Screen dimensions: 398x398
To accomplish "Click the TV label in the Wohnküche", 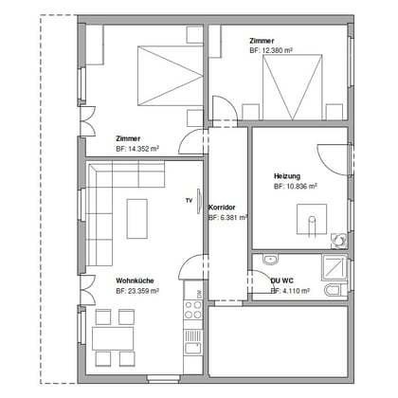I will pyautogui.click(x=190, y=201).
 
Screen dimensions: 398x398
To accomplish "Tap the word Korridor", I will pyautogui.click(x=221, y=207).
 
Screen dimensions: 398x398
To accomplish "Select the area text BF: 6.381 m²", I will pyautogui.click(x=227, y=217).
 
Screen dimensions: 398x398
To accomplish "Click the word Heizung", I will pyautogui.click(x=287, y=177).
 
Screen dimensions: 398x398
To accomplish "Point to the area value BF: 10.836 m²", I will pyautogui.click(x=296, y=188).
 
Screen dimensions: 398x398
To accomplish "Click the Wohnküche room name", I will pyautogui.click(x=135, y=281).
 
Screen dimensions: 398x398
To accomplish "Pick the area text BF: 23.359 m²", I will pyautogui.click(x=137, y=292).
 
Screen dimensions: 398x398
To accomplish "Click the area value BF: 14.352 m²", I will pyautogui.click(x=137, y=149).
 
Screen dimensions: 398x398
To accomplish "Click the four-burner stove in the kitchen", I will pyautogui.click(x=193, y=309).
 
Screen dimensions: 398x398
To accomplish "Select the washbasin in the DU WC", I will pyautogui.click(x=270, y=259).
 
